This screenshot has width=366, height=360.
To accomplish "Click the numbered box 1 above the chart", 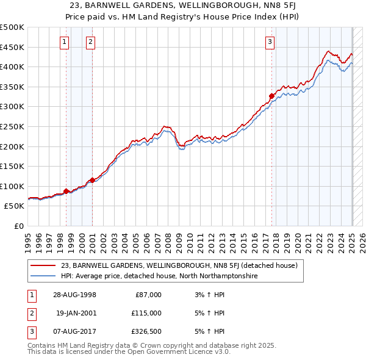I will point(65,42).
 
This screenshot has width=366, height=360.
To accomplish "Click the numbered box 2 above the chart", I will point(90,42).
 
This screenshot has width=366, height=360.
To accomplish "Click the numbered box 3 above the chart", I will point(270,42).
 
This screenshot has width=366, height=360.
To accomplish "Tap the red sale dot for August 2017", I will point(271,96).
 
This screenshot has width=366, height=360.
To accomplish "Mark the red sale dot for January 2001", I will point(92,180).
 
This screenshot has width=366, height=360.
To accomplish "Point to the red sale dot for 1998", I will point(66,191).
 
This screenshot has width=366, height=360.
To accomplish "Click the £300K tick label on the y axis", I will point(12,107).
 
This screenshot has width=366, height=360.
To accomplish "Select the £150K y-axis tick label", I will point(12,166).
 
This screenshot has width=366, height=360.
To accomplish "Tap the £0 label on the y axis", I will point(18,226).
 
